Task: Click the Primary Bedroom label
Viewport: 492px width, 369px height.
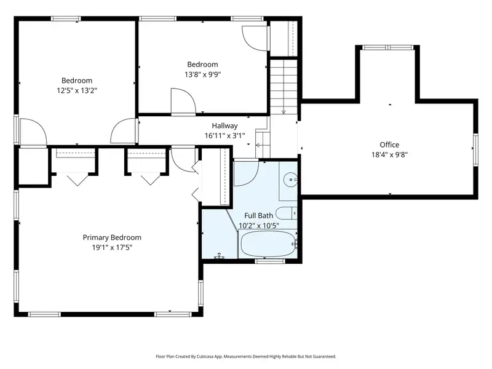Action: click(x=112, y=237)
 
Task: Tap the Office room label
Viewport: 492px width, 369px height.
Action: click(x=389, y=145)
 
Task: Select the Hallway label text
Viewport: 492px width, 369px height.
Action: click(x=224, y=126)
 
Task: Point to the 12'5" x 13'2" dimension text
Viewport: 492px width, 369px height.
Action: click(x=77, y=90)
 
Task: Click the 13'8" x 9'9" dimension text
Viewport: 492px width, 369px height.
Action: click(x=203, y=74)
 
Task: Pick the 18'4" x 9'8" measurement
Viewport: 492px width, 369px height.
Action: click(x=389, y=155)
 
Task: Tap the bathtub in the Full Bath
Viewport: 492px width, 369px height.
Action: click(x=268, y=244)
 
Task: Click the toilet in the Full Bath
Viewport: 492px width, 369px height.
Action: click(x=286, y=213)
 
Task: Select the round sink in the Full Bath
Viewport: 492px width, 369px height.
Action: click(x=290, y=180)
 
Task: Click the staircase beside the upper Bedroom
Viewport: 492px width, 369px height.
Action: click(x=284, y=87)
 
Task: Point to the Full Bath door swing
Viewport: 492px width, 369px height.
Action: click(x=246, y=173)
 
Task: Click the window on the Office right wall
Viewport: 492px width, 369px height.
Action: click(x=475, y=149)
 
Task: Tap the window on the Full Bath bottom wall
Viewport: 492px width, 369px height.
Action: click(x=270, y=261)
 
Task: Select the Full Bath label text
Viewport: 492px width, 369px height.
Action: click(x=258, y=216)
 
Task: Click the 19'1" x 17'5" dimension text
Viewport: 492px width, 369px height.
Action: click(x=112, y=248)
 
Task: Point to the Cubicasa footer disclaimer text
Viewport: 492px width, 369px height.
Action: click(x=245, y=357)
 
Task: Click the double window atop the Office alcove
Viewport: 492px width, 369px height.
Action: click(x=388, y=47)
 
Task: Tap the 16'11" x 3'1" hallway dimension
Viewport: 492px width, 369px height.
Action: click(x=224, y=136)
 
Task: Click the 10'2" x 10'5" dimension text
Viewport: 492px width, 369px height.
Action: click(x=258, y=226)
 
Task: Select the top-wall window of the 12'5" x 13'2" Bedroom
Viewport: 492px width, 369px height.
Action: click(x=66, y=18)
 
